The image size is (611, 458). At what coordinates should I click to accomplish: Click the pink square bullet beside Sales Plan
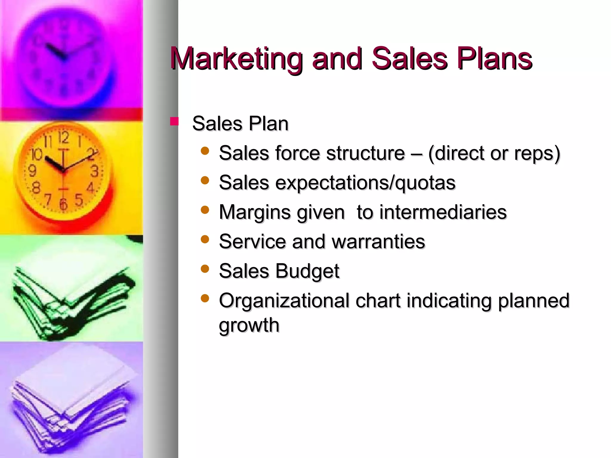click(174, 121)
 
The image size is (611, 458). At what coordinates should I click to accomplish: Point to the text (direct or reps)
click(494, 154)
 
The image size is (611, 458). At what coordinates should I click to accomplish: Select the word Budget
click(307, 271)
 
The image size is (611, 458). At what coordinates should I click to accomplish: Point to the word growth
click(249, 325)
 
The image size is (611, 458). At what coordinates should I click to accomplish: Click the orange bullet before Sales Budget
click(205, 269)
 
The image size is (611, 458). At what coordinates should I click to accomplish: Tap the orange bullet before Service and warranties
click(205, 239)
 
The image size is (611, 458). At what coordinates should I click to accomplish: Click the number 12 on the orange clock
click(63, 138)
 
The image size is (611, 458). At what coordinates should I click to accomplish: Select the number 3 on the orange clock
click(94, 171)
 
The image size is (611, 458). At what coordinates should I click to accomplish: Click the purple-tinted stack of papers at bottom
click(72, 403)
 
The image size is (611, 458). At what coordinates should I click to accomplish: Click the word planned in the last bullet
click(534, 300)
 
